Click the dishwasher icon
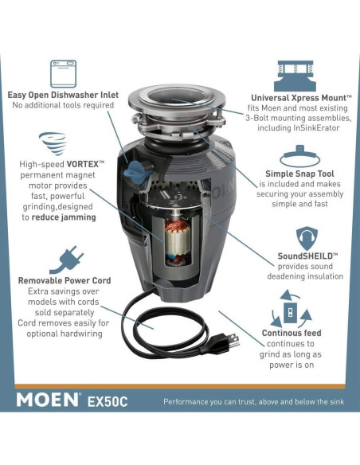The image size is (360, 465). tap(63, 73)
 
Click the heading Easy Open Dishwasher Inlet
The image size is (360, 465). tap(63, 95)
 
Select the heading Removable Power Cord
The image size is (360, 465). tap(65, 280)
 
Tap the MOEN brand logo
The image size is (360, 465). tap(48, 399)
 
